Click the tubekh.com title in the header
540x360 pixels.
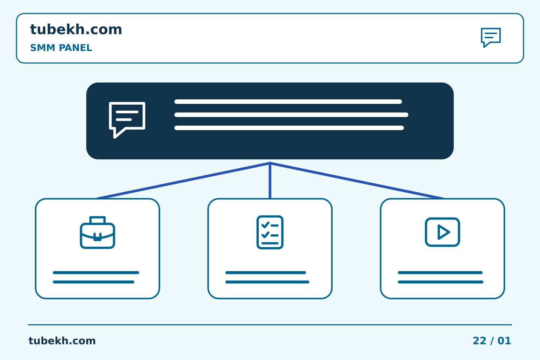(76, 29)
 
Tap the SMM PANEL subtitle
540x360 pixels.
(61, 48)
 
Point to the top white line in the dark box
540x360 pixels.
(288, 102)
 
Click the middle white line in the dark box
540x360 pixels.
(291, 115)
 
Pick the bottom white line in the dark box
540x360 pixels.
(289, 128)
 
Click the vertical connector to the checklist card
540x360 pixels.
(270, 181)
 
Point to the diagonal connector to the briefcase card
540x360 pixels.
(183, 181)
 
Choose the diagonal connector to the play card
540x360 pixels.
(357, 181)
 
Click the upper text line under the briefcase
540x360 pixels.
(96, 273)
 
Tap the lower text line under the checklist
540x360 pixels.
(267, 282)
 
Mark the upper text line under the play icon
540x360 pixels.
(440, 273)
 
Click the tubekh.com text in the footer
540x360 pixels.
(62, 341)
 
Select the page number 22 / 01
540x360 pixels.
(492, 341)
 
